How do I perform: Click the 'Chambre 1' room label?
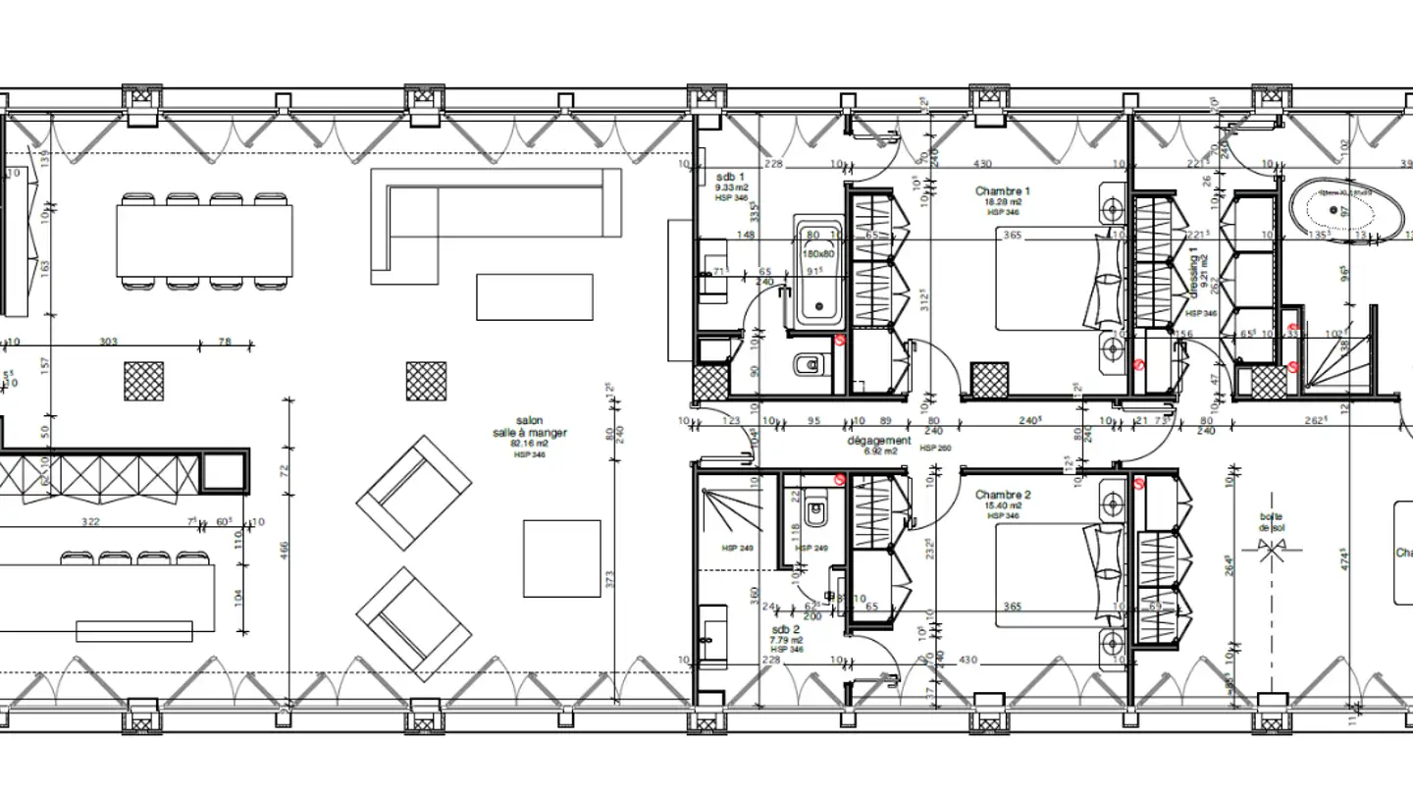point(1003,190)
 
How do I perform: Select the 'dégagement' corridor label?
point(879,441)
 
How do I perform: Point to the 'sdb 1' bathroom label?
point(730,176)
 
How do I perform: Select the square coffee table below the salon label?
point(561,557)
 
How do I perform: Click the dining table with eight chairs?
point(204,239)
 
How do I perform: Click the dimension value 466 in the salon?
point(284,555)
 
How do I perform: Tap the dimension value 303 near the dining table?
point(108,342)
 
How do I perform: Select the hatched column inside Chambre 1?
point(988,381)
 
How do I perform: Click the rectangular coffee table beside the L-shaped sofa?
point(534,296)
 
